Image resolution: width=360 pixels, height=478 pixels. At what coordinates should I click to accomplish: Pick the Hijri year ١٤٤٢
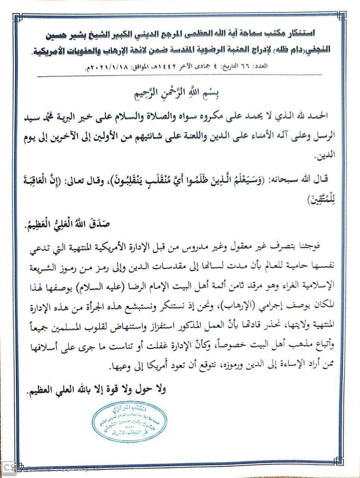point(170,68)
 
